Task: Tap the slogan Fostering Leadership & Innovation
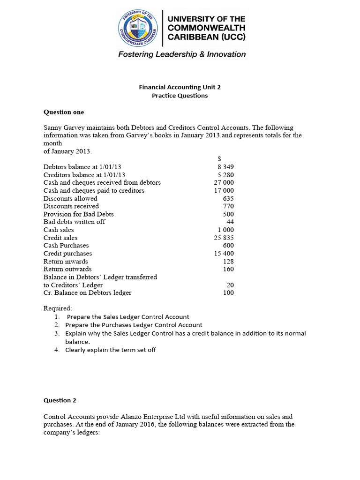(181, 54)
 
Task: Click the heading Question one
(64, 112)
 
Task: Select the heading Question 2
(60, 400)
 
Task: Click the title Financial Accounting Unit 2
(180, 87)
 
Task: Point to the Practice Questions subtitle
(180, 96)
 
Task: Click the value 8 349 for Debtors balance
(225, 167)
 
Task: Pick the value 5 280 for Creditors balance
(225, 175)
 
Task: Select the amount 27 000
(224, 182)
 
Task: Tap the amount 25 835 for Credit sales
(224, 238)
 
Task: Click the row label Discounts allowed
(70, 198)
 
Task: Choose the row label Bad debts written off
(74, 222)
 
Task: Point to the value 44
(230, 222)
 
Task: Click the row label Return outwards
(67, 269)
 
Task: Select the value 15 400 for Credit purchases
(224, 253)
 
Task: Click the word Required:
(58, 308)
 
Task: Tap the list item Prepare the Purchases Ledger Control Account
(134, 325)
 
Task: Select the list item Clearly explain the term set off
(110, 350)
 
